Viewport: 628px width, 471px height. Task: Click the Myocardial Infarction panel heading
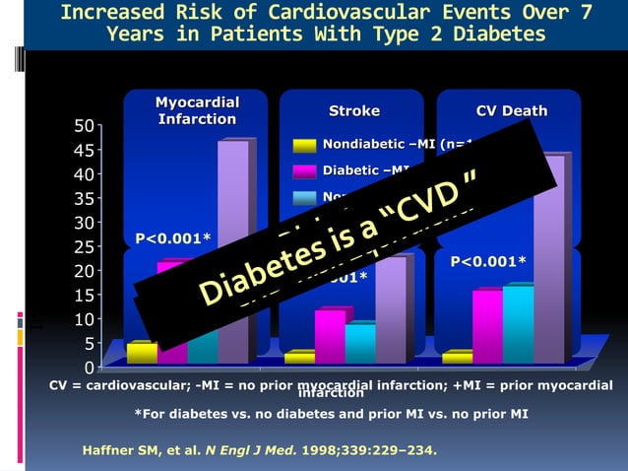[x=197, y=110]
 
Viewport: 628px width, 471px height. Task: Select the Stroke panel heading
[x=353, y=110]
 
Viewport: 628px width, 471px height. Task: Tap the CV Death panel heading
[x=512, y=110]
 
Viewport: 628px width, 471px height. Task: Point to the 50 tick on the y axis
[x=86, y=127]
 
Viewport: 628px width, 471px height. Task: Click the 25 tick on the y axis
[x=86, y=247]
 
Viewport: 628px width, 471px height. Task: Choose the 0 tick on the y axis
[x=90, y=368]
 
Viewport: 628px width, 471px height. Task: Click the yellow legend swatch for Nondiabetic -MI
[x=304, y=146]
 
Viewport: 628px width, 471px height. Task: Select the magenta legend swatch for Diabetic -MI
[x=304, y=171]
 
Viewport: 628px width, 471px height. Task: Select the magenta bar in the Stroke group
[x=330, y=335]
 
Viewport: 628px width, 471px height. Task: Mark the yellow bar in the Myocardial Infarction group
[x=142, y=353]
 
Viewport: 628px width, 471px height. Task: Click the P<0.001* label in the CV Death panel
[x=488, y=261]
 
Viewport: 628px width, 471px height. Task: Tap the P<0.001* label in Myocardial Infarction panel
[x=173, y=237]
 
